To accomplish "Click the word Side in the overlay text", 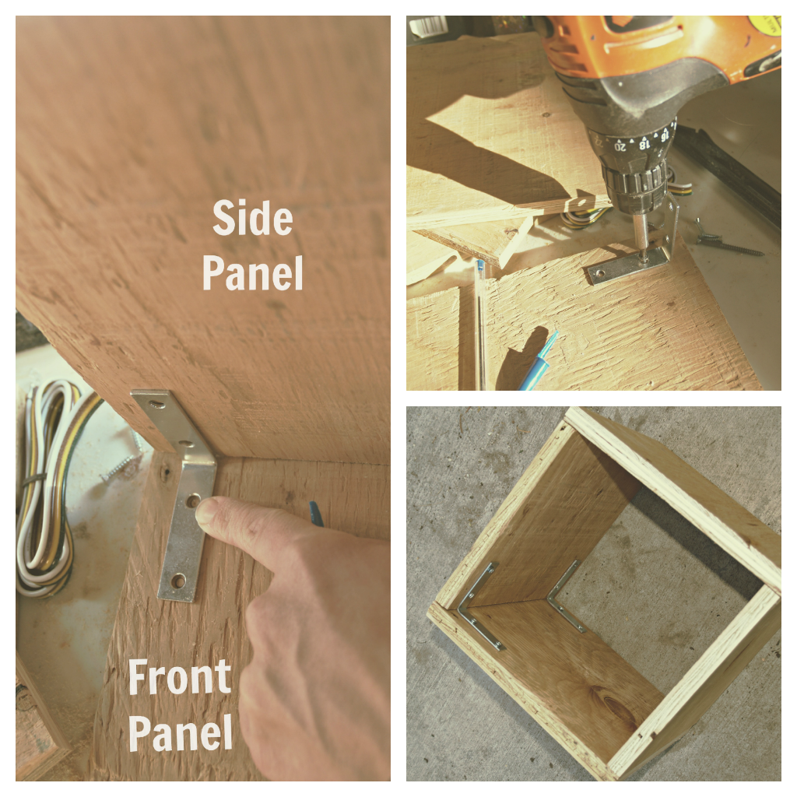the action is coord(253,218).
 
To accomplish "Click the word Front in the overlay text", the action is coord(180,676).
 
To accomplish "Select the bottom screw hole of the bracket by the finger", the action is coord(178,580).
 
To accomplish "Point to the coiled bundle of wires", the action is coord(48,488).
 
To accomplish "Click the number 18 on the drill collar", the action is coord(644,145).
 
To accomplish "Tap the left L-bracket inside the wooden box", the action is coord(479,607).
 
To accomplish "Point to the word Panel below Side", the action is coord(253,272).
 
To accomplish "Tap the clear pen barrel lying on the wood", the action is coord(479,325).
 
